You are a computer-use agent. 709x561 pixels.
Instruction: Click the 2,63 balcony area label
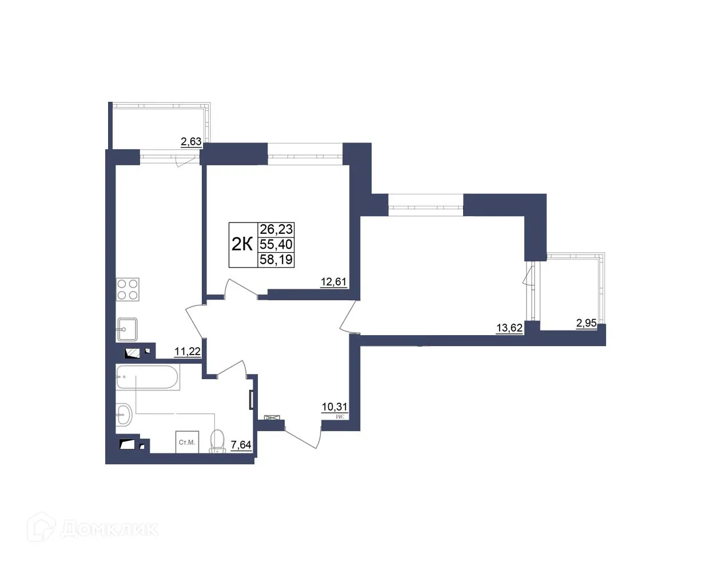pyautogui.click(x=191, y=141)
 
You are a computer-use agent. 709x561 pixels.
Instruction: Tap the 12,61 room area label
pyautogui.click(x=333, y=281)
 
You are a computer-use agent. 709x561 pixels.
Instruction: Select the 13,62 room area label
pyautogui.click(x=509, y=328)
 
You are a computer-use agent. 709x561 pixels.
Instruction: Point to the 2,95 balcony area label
pyautogui.click(x=586, y=323)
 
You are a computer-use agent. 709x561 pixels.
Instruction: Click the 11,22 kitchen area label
pyautogui.click(x=187, y=351)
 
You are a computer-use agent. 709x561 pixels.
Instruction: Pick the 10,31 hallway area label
pyautogui.click(x=334, y=407)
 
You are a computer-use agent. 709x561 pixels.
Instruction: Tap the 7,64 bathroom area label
pyautogui.click(x=241, y=444)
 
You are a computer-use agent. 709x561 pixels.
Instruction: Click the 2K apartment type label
pyautogui.click(x=242, y=245)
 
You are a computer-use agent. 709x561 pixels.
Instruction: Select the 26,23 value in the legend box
pyautogui.click(x=276, y=229)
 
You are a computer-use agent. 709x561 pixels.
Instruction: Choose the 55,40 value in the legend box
pyautogui.click(x=276, y=245)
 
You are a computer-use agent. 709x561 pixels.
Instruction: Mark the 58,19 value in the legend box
pyautogui.click(x=276, y=260)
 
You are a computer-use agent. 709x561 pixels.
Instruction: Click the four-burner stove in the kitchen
pyautogui.click(x=128, y=289)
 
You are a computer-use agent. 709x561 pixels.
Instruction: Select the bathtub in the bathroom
pyautogui.click(x=148, y=377)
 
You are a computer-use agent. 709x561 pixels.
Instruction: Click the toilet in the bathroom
pyautogui.click(x=217, y=441)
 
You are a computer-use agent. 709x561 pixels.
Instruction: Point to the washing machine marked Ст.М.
pyautogui.click(x=187, y=442)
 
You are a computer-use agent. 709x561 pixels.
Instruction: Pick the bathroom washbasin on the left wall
pyautogui.click(x=123, y=415)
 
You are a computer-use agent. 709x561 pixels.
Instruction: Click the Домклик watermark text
pyautogui.click(x=109, y=529)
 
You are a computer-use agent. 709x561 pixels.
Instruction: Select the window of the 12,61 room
pyautogui.click(x=305, y=153)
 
